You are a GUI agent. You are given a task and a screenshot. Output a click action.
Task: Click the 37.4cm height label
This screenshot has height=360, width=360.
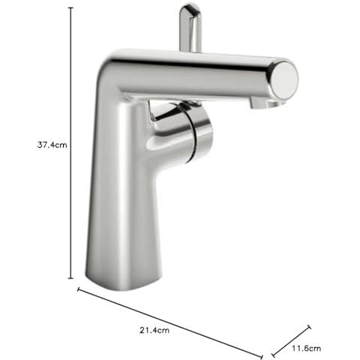coord(52,145)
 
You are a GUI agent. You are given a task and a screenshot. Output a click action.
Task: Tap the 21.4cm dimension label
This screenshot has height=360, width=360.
coord(154,330)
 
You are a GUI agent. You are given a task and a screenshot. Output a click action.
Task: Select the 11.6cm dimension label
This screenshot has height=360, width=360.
coord(306,348)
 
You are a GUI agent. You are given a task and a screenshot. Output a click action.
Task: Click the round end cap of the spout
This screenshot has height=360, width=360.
coord(284,80)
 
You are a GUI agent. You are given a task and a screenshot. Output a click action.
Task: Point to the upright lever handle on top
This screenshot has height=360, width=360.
coord(190,28)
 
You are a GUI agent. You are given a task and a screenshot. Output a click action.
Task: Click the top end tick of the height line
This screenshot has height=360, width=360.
coord(71,8)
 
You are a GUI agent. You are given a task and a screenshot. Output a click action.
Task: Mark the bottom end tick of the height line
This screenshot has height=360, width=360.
coord(71,278)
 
